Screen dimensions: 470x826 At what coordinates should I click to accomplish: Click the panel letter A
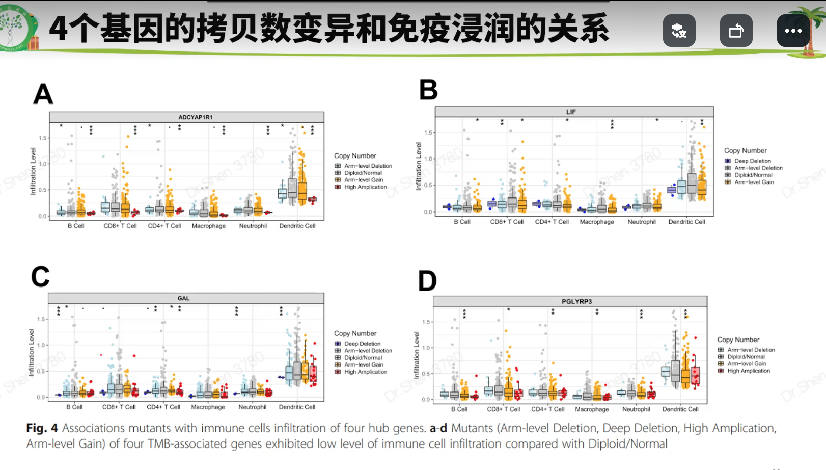(43, 94)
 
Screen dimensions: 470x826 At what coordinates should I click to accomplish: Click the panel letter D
(427, 281)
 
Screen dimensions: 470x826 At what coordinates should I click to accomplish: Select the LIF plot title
(571, 112)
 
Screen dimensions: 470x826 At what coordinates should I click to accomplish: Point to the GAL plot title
(183, 298)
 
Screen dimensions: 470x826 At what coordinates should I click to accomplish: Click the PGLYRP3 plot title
(576, 301)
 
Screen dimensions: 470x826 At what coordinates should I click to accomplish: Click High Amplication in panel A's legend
(365, 187)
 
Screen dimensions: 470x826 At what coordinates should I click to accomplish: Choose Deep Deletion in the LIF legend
(752, 161)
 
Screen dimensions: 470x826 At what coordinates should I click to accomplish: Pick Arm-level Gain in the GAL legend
(364, 365)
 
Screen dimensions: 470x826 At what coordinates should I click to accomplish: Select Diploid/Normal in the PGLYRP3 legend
(746, 357)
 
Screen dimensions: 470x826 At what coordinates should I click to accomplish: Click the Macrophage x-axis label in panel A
(209, 226)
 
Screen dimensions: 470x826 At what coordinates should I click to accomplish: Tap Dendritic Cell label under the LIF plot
(686, 222)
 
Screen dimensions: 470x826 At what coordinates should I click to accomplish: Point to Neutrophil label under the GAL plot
(253, 407)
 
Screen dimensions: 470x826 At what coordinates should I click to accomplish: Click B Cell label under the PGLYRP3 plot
(459, 409)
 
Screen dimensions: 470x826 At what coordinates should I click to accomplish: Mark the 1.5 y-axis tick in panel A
(42, 138)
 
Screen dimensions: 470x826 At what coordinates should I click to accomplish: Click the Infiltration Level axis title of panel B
(419, 167)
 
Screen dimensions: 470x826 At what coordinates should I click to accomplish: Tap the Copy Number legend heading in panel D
(738, 340)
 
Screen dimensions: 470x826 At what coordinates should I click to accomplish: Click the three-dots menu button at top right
(793, 31)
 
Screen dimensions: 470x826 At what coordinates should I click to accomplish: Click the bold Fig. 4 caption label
(42, 428)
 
